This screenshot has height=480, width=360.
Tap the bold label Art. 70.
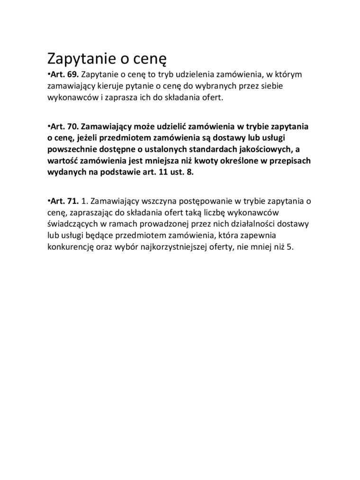64,127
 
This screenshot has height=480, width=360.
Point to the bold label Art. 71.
64,201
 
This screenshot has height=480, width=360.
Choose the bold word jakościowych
262,150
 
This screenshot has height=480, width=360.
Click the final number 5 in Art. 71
289,246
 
